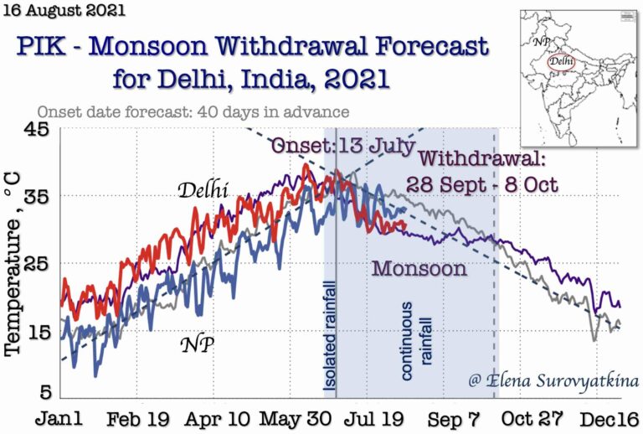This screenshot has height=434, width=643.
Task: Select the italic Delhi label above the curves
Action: pyautogui.click(x=203, y=190)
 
